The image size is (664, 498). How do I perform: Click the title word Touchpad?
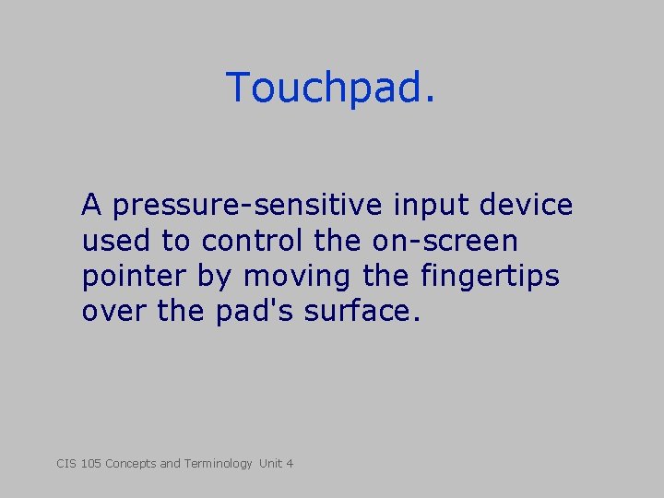pyautogui.click(x=330, y=89)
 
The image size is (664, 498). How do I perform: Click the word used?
pyautogui.click(x=117, y=241)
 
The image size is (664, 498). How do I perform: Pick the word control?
pyautogui.click(x=251, y=241)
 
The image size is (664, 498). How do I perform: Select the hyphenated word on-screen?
pyautogui.click(x=445, y=241)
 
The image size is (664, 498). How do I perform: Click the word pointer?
pyautogui.click(x=135, y=277)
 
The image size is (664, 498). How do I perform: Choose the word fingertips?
pyautogui.click(x=489, y=277)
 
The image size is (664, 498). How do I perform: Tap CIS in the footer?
pyautogui.click(x=65, y=463)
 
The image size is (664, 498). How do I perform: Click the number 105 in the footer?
pyautogui.click(x=90, y=463)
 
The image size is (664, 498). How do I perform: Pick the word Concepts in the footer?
pyautogui.click(x=131, y=463)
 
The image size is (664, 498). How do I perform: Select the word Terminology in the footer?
pyautogui.click(x=218, y=463)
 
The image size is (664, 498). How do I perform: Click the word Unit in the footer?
pyautogui.click(x=271, y=463)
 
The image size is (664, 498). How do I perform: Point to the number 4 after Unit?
pyautogui.click(x=290, y=463)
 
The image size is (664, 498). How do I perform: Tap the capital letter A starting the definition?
pyautogui.click(x=91, y=205)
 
